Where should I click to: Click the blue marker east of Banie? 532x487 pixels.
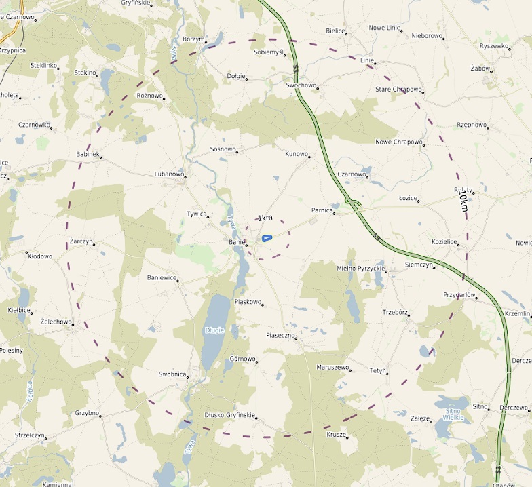click(x=267, y=237)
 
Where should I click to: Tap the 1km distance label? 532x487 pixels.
click(x=265, y=218)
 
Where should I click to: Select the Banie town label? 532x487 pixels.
click(x=235, y=241)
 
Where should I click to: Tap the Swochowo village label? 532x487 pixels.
click(x=301, y=85)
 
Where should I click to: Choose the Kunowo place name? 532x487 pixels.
click(x=297, y=154)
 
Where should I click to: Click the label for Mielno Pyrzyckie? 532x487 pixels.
click(x=360, y=269)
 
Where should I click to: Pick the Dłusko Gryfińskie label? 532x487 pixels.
click(x=229, y=415)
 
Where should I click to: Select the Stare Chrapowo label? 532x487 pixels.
click(x=398, y=90)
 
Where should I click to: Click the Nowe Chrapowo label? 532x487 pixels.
click(x=398, y=142)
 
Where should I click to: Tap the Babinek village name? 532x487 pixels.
click(x=88, y=154)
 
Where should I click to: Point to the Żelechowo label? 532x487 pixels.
click(x=56, y=322)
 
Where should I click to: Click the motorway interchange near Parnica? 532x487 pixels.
click(x=352, y=202)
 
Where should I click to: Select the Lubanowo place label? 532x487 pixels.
click(x=169, y=174)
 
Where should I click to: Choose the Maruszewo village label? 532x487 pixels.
click(x=332, y=367)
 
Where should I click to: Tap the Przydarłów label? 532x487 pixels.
click(x=459, y=295)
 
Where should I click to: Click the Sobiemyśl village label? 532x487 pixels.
click(x=268, y=52)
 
